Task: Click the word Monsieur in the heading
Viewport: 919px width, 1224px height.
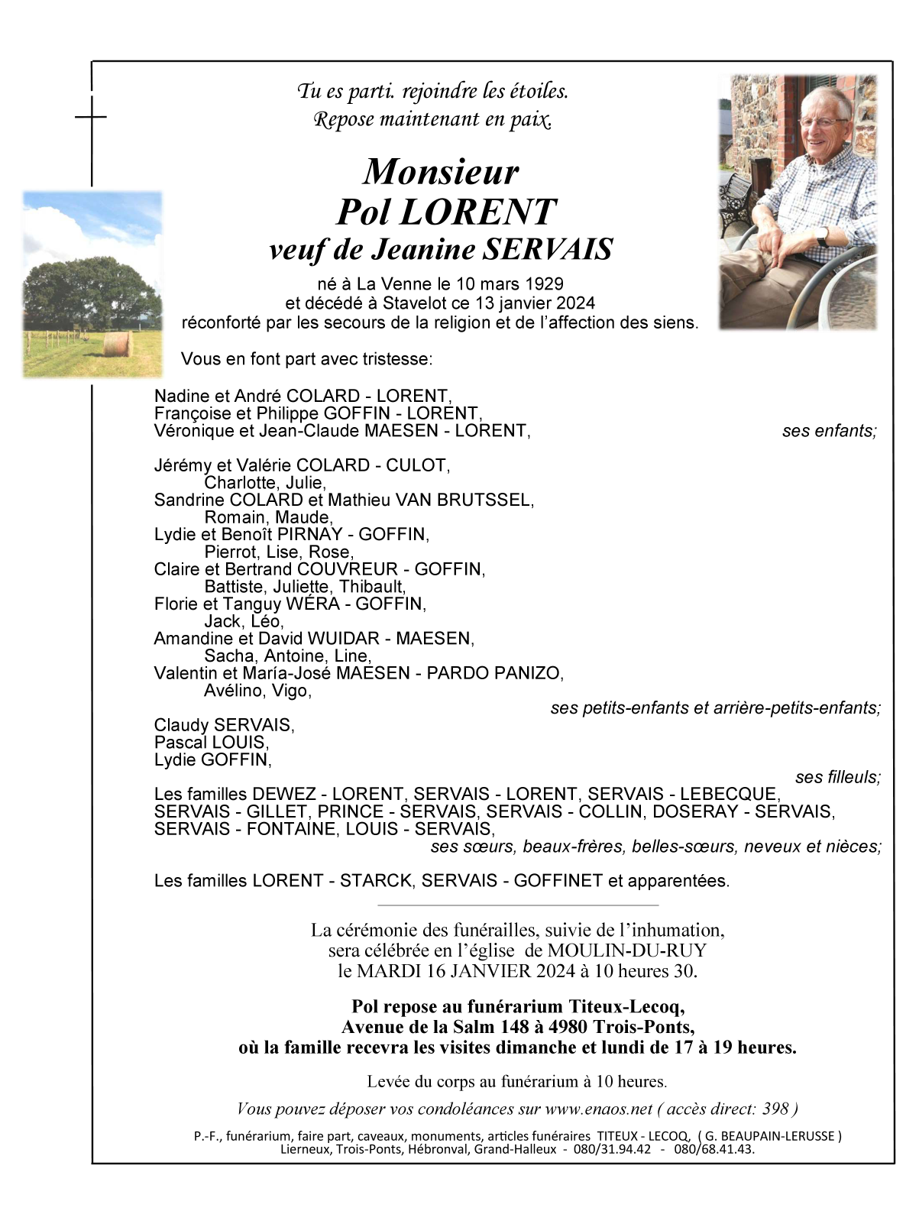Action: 441,173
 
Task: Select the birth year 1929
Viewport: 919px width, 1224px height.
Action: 545,284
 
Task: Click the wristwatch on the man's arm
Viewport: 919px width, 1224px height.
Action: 822,236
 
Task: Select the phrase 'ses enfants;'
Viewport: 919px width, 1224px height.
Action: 829,431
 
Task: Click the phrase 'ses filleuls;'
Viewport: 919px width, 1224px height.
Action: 837,778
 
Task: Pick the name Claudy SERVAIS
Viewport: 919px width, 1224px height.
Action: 223,725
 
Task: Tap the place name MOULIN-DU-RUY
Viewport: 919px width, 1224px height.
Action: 626,951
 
